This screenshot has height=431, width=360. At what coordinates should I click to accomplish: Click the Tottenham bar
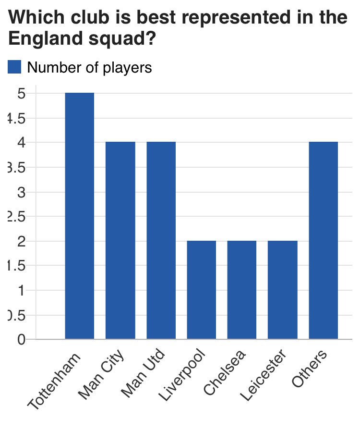click(x=80, y=216)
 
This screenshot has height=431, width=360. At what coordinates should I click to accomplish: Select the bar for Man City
click(x=120, y=240)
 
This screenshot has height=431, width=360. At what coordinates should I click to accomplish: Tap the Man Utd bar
click(x=161, y=240)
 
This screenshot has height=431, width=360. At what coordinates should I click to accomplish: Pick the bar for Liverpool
click(x=202, y=290)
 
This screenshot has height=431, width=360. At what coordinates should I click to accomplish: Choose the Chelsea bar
click(x=242, y=290)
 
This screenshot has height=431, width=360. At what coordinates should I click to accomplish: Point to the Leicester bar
click(x=283, y=290)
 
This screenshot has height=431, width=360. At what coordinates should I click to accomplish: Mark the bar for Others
click(x=324, y=240)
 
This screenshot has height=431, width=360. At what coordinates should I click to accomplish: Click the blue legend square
click(x=15, y=67)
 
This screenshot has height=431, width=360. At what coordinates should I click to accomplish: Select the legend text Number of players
click(x=89, y=68)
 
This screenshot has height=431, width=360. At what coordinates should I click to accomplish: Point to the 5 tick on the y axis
click(x=21, y=93)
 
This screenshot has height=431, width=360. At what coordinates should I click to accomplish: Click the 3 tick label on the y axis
click(x=21, y=192)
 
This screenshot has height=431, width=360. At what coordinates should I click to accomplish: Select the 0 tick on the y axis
click(x=21, y=339)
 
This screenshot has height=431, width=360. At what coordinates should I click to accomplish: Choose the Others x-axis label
click(x=310, y=369)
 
